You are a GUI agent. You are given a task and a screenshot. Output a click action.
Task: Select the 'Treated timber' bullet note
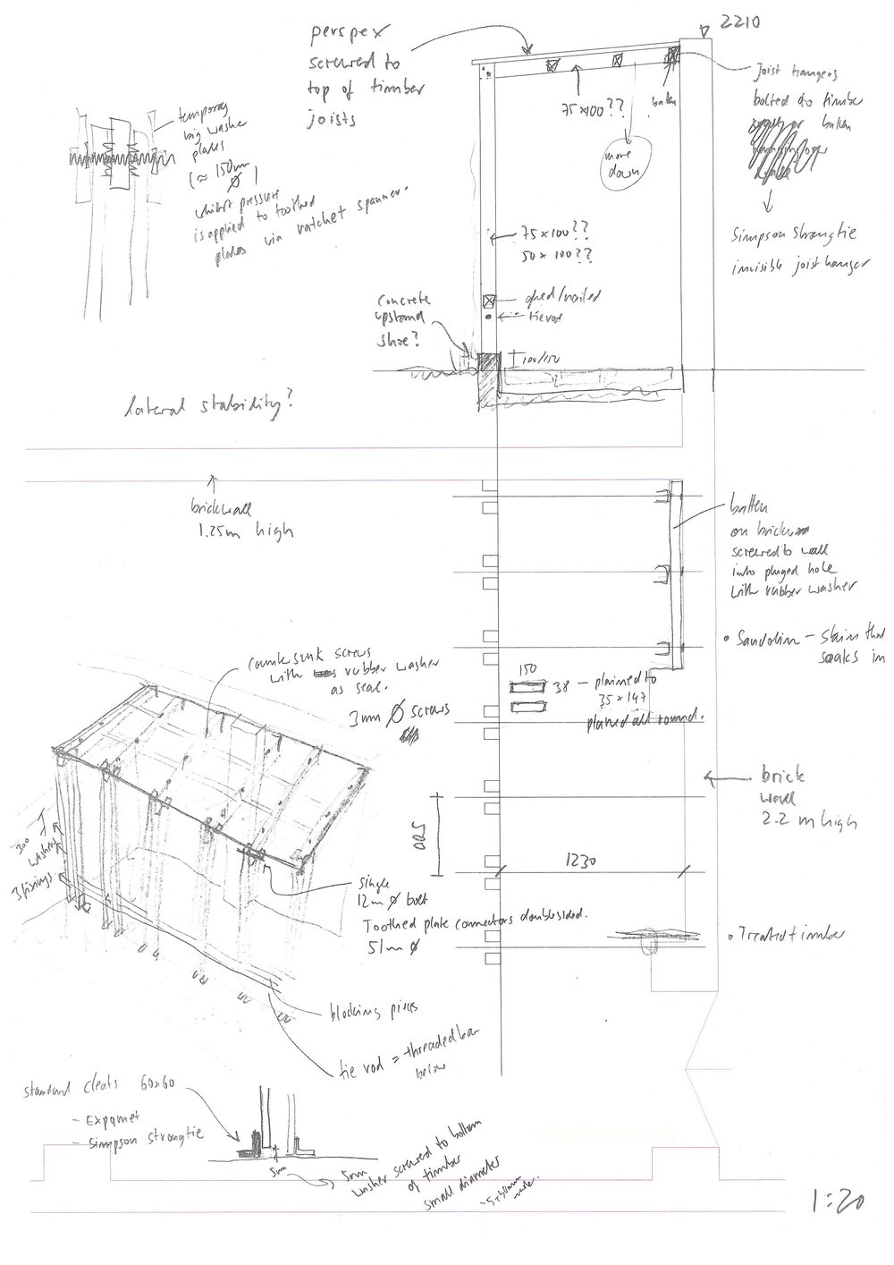[x=788, y=936]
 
